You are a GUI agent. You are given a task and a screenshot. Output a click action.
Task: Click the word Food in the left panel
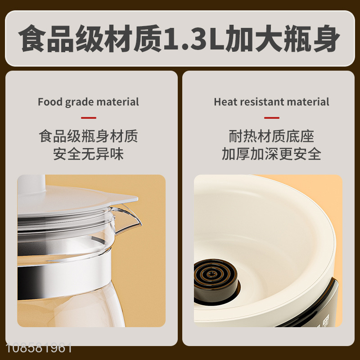pyautogui.click(x=50, y=102)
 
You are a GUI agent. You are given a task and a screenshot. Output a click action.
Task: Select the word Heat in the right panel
pyautogui.click(x=226, y=102)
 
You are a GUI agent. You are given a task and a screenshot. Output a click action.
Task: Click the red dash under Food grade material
pyautogui.click(x=89, y=118)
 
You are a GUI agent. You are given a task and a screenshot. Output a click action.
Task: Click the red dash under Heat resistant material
pyautogui.click(x=272, y=118)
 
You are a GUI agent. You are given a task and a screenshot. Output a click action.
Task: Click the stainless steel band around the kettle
pyautogui.click(x=64, y=275)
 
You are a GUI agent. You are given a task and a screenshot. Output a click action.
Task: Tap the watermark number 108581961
pyautogui.click(x=39, y=348)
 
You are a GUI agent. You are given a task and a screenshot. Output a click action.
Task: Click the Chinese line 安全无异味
pyautogui.click(x=88, y=153)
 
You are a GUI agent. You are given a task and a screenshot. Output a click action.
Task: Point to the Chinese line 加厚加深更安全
pyautogui.click(x=272, y=153)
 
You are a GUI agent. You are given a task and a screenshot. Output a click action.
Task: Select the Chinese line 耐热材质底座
pyautogui.click(x=272, y=136)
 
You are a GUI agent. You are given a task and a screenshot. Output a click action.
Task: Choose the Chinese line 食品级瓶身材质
pyautogui.click(x=88, y=136)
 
